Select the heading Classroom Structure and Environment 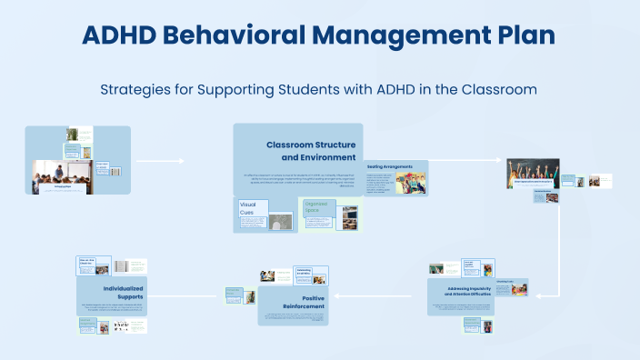click(x=310, y=151)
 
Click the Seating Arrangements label click(x=390, y=167)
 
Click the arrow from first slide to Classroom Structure click(x=159, y=162)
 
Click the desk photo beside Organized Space click(x=347, y=216)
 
